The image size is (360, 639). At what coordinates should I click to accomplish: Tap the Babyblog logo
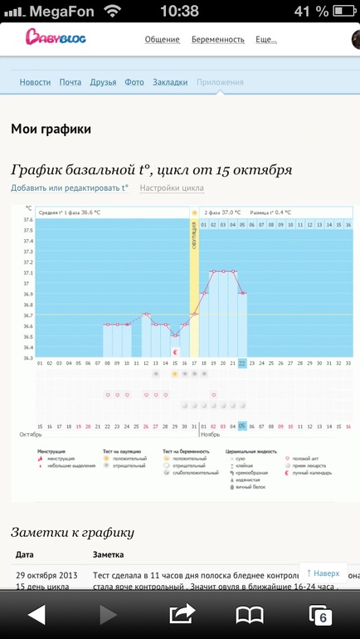click(55, 37)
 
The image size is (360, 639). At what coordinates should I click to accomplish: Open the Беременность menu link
click(218, 39)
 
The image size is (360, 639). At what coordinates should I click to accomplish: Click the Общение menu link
click(163, 39)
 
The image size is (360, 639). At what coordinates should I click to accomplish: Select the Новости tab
click(35, 82)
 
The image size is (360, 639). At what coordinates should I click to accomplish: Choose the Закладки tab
click(170, 82)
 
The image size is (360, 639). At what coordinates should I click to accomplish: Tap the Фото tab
click(134, 82)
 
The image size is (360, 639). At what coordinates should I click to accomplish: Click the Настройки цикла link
click(172, 188)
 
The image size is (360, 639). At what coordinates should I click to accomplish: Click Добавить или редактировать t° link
click(70, 188)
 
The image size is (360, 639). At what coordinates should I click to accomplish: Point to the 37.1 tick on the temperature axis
click(28, 273)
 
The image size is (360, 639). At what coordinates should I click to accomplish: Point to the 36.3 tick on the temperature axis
click(28, 358)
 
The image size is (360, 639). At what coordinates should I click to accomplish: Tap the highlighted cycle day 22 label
click(242, 363)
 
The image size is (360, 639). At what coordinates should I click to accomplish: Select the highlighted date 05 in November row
click(242, 426)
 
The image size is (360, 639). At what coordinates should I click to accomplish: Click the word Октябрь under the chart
click(31, 434)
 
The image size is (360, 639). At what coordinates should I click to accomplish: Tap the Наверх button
click(324, 573)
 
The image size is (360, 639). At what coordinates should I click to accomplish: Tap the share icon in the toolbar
click(180, 614)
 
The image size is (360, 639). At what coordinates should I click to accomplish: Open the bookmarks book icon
click(250, 614)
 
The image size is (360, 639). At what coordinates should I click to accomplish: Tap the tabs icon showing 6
click(320, 614)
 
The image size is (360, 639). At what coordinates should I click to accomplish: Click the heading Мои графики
click(51, 129)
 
